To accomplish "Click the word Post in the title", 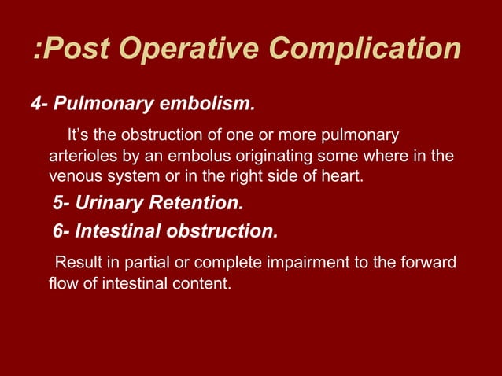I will [x=78, y=49].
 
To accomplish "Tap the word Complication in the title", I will [x=364, y=49].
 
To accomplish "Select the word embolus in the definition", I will [x=201, y=155].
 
